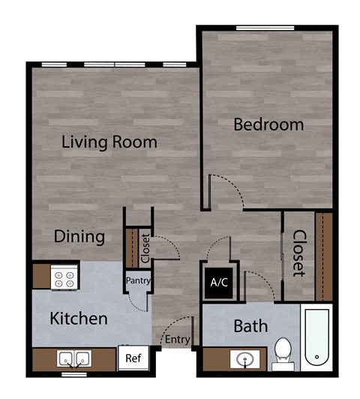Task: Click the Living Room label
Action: click(x=109, y=141)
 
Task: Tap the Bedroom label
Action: click(x=268, y=124)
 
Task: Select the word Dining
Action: click(x=79, y=237)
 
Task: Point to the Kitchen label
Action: click(x=78, y=318)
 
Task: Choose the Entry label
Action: click(x=177, y=340)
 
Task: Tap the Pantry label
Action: click(x=139, y=281)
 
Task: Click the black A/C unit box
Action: click(x=219, y=283)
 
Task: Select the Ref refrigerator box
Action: click(x=133, y=358)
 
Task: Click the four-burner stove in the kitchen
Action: click(x=64, y=279)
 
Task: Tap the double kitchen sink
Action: click(x=74, y=358)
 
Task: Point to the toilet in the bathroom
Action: click(x=283, y=353)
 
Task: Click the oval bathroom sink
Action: click(x=245, y=360)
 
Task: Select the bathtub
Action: click(x=317, y=337)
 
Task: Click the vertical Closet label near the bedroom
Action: click(x=298, y=253)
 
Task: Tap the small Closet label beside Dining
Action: click(x=145, y=248)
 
